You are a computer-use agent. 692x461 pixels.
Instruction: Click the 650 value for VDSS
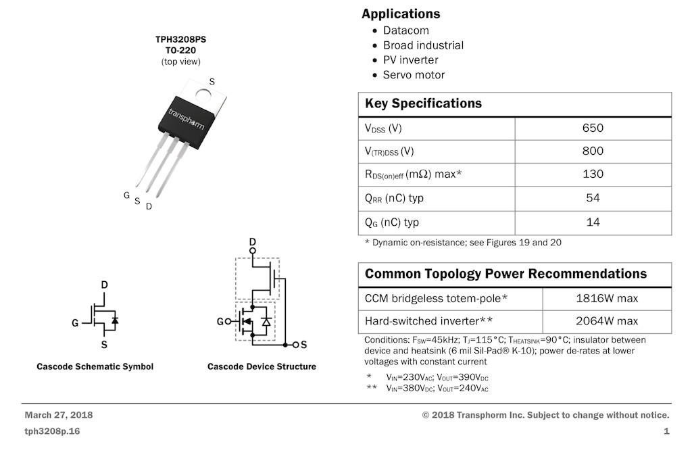pyautogui.click(x=593, y=128)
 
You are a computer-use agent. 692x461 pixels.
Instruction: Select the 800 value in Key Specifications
pyautogui.click(x=593, y=151)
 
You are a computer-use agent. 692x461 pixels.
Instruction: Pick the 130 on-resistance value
pyautogui.click(x=593, y=174)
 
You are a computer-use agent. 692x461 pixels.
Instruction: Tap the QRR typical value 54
pyautogui.click(x=593, y=198)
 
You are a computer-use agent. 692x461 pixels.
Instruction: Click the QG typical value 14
pyautogui.click(x=593, y=222)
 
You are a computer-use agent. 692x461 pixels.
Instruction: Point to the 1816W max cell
pyautogui.click(x=607, y=299)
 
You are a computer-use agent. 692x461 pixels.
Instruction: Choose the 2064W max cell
pyautogui.click(x=607, y=321)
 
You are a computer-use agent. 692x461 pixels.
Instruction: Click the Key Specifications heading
pyautogui.click(x=423, y=103)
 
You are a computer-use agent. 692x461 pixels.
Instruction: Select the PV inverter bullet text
pyautogui.click(x=410, y=60)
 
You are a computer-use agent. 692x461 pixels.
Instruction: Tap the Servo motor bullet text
pyautogui.click(x=414, y=75)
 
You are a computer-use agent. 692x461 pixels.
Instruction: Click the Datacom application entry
pyautogui.click(x=405, y=30)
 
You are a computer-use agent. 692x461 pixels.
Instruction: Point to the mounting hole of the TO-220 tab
pyautogui.click(x=203, y=95)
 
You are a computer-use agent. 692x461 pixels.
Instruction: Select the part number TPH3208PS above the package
pyautogui.click(x=180, y=39)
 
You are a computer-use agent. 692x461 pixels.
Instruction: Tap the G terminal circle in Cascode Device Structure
pyautogui.click(x=228, y=322)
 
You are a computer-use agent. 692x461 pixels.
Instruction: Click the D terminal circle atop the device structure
pyautogui.click(x=253, y=251)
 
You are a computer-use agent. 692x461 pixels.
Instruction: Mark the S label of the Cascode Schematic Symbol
pyautogui.click(x=104, y=345)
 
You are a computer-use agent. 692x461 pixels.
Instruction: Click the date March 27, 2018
pyautogui.click(x=59, y=415)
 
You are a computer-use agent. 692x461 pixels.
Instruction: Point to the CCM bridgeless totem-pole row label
pyautogui.click(x=436, y=299)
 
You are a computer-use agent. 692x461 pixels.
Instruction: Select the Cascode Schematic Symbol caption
pyautogui.click(x=95, y=366)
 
